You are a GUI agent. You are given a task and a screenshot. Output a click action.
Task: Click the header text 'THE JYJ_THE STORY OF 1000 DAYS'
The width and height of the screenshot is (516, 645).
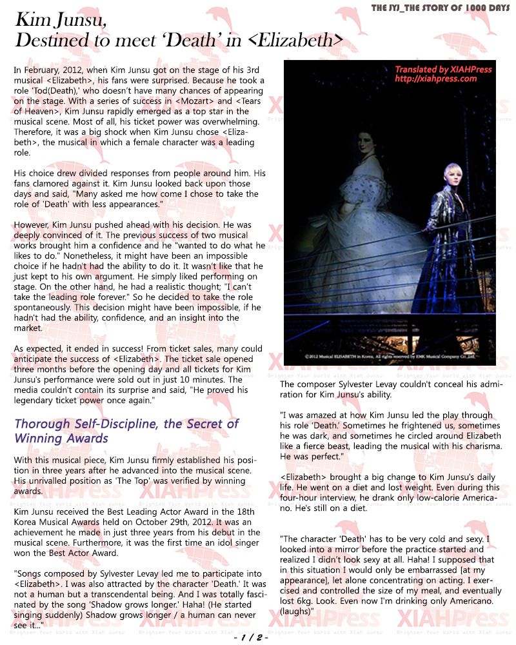[442, 8]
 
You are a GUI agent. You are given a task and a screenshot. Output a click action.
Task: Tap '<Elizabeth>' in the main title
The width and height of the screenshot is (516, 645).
[295, 41]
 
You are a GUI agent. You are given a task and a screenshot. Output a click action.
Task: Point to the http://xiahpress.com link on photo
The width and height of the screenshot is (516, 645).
[436, 79]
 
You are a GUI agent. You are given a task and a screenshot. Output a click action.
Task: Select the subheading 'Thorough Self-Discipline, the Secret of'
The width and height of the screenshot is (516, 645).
[126, 424]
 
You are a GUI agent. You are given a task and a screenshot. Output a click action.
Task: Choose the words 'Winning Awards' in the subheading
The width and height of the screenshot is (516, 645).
[61, 439]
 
